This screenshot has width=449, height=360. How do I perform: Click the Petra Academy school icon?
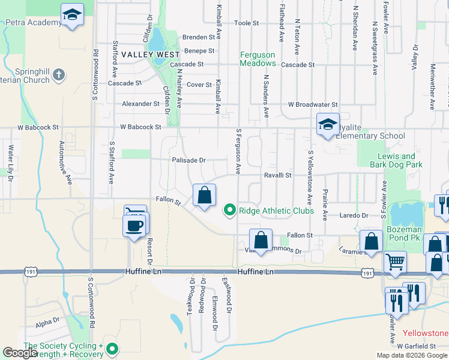point(72,15)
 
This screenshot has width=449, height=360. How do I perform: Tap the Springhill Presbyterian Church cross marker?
point(58,75)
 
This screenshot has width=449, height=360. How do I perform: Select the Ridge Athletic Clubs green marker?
point(229,211)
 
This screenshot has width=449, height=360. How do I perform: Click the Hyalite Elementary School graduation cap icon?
point(328,125)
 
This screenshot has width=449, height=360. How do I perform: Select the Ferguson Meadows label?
point(258,59)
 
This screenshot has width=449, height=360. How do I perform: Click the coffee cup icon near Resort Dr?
point(133,226)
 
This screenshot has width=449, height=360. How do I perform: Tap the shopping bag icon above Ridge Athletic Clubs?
point(204,196)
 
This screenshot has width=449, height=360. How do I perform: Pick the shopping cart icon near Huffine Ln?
point(394,261)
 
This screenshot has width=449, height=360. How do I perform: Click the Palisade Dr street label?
point(188,160)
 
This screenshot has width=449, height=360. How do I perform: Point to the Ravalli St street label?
point(279,175)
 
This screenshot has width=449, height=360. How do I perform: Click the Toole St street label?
point(246,23)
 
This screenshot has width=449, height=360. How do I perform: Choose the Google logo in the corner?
point(20,353)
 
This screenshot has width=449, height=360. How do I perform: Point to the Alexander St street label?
point(140,104)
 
